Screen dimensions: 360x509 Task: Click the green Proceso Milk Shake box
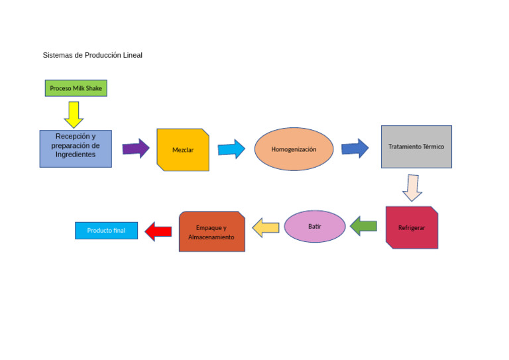point(76,88)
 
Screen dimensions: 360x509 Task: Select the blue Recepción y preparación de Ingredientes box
point(76,149)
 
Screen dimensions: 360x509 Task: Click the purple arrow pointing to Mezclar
point(136,148)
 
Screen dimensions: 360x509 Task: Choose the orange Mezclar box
point(183,150)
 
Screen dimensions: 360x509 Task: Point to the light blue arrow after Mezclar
point(231,149)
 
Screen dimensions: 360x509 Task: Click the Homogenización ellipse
point(294,149)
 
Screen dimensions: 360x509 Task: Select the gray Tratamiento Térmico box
point(416,147)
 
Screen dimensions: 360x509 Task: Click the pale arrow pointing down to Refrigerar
point(412,188)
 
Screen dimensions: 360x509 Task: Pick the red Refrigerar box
point(412,227)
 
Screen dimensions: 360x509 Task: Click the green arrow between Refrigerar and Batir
point(363,226)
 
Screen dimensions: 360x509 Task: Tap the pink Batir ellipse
point(315,227)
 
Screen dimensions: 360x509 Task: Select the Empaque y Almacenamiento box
point(211,232)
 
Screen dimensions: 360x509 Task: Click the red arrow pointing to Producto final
point(158,231)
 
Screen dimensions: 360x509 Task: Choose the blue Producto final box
point(106,231)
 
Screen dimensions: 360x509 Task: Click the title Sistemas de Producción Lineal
point(92,55)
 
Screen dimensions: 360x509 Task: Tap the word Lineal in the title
point(132,55)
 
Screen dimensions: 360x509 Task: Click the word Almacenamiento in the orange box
point(211,237)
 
